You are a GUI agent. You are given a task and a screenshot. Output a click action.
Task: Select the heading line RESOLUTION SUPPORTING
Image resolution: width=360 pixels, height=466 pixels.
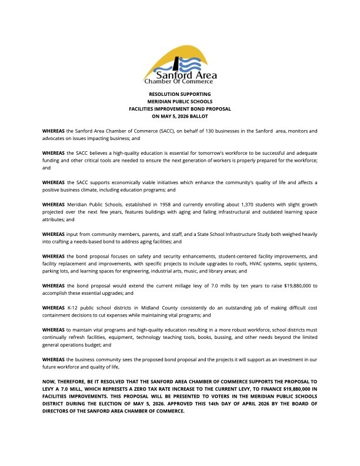click(180, 94)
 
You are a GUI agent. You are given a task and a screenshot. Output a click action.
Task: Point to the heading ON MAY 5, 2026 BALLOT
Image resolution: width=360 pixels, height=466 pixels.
click(180, 116)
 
